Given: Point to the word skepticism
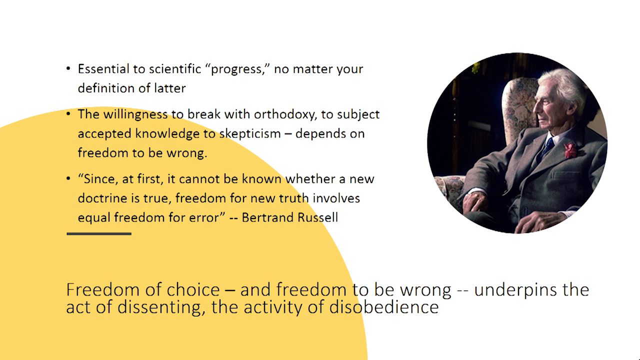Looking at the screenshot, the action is pos(250,134).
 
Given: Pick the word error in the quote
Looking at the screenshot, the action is pos(207,217).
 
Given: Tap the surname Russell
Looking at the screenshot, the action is pos(317,217).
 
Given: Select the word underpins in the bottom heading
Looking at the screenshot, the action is pos(511,290).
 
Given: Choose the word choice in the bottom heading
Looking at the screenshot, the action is pos(193,289).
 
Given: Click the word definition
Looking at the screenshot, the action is pos(105,88).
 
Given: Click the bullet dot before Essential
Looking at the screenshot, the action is pos(68,68).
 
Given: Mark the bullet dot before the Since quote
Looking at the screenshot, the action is pos(68,178).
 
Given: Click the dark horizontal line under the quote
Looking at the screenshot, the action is pos(99,233).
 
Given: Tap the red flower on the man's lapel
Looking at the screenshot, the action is pos(570,150).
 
